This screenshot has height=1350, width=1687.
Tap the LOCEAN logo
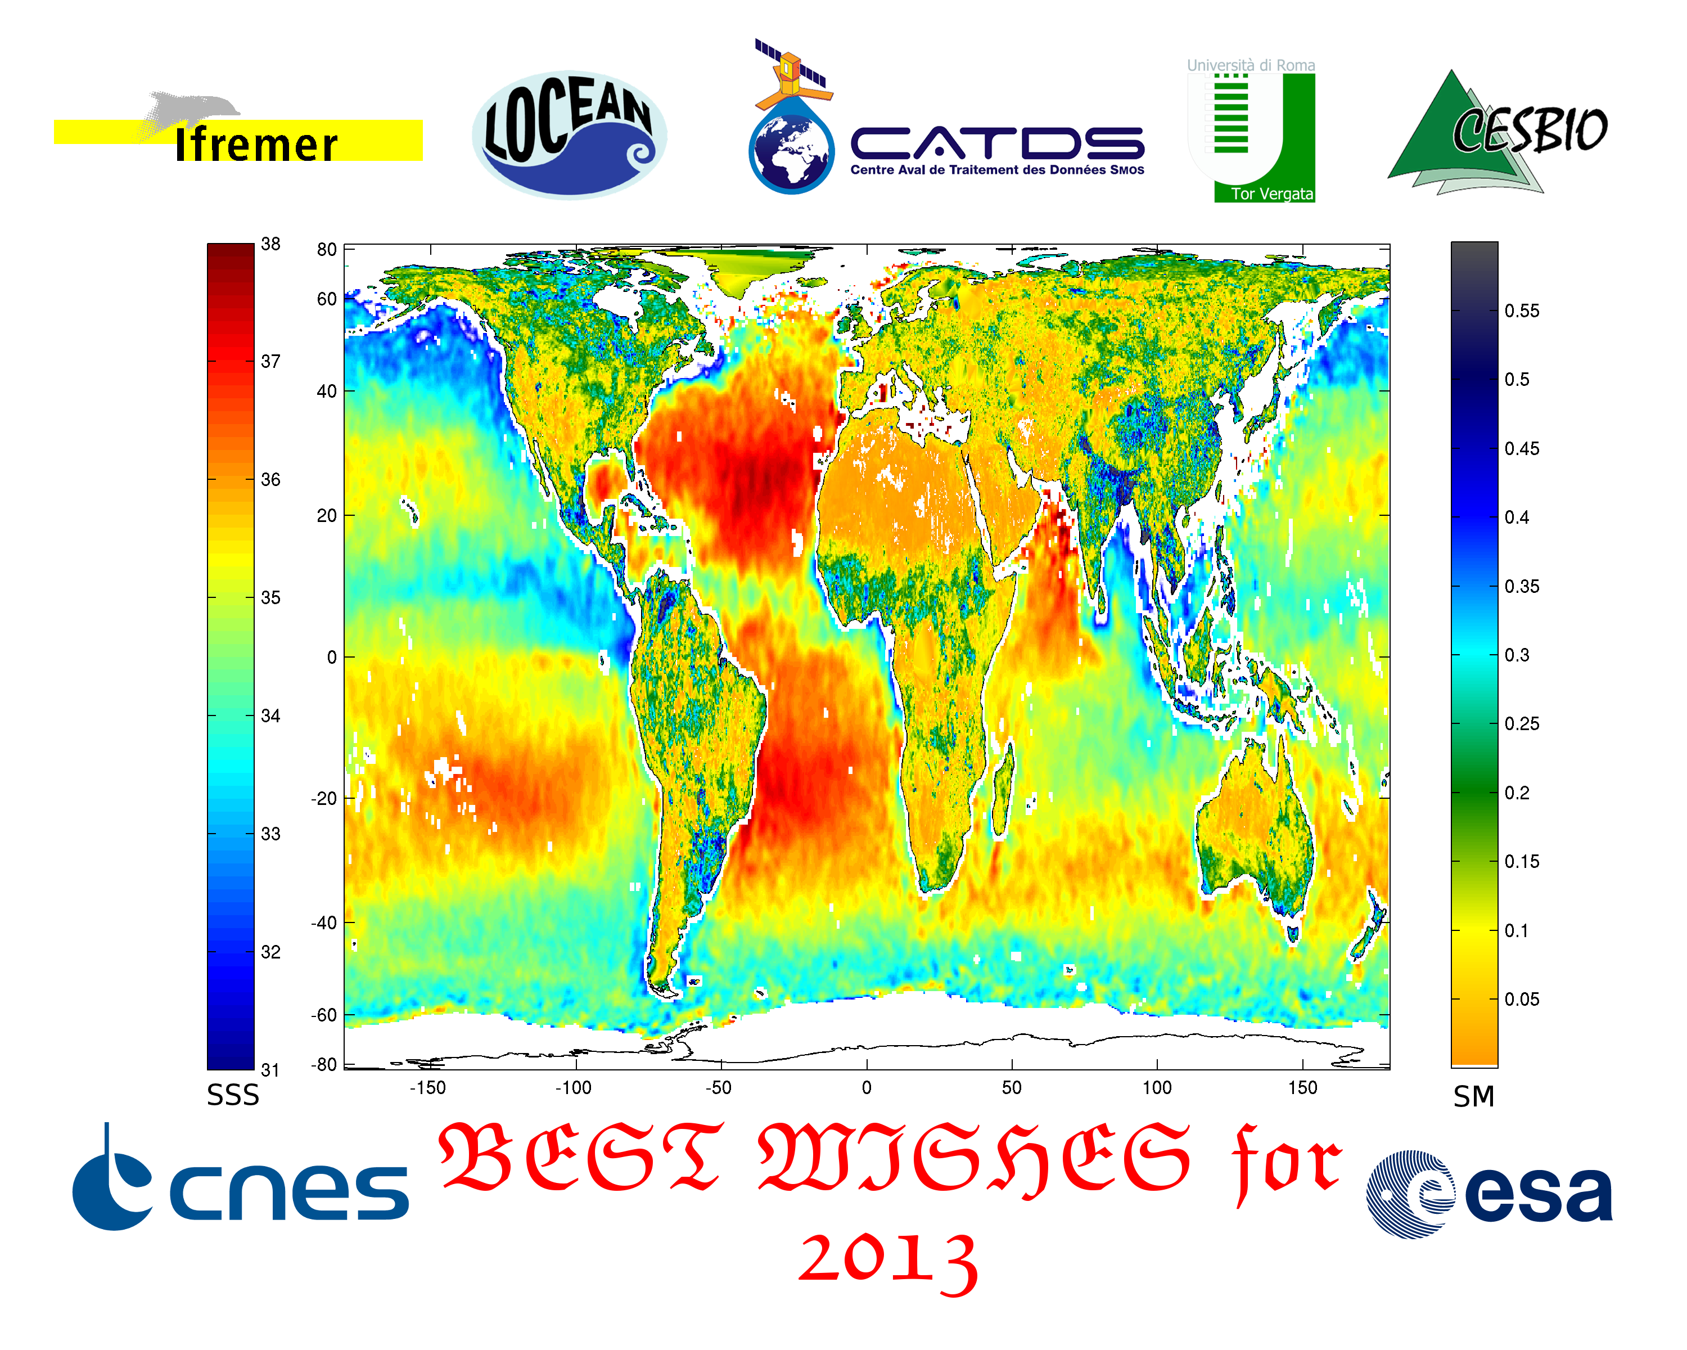click(570, 134)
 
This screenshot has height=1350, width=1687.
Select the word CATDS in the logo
click(997, 143)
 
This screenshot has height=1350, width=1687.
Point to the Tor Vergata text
click(1271, 193)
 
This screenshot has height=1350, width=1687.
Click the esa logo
click(1490, 1194)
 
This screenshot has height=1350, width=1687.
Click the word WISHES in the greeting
click(974, 1158)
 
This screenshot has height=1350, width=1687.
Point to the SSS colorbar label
click(232, 1095)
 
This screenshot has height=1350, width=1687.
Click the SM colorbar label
click(1473, 1096)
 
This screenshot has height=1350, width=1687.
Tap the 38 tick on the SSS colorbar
click(270, 244)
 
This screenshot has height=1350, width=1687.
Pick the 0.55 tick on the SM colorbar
click(1521, 310)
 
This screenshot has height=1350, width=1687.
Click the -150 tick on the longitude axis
click(427, 1087)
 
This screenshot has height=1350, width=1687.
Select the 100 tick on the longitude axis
click(1157, 1087)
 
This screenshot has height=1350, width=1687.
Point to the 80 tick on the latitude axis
click(327, 250)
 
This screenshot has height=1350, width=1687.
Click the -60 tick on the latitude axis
click(324, 1015)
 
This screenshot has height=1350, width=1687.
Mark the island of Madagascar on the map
click(1002, 790)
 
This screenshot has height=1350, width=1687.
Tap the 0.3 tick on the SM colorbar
click(1517, 655)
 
